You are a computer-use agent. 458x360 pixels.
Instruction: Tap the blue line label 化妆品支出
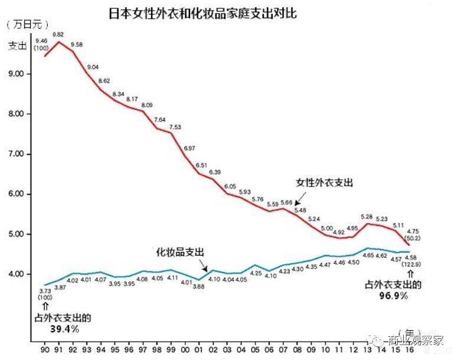coord(180,252)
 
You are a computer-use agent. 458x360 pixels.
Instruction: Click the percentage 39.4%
coord(64,329)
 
